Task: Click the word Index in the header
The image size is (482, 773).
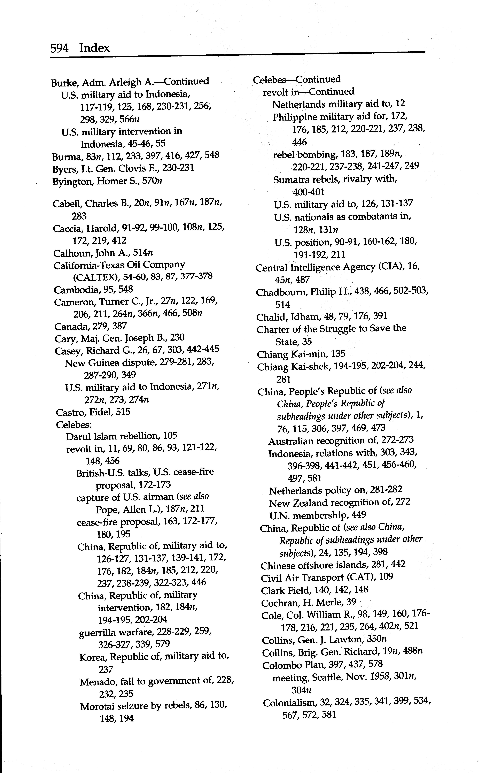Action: pos(94,48)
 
